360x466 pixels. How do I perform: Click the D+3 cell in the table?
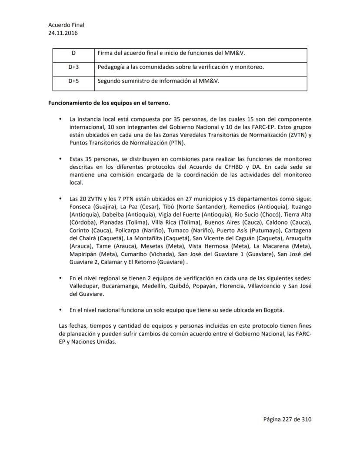[x=73, y=67]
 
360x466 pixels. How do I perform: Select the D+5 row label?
[x=73, y=80]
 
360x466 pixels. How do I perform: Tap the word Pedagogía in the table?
[x=111, y=67]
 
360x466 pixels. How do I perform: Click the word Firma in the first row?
[x=106, y=53]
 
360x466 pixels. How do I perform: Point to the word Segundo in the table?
[x=110, y=80]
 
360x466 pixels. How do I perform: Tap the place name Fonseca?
[x=80, y=206]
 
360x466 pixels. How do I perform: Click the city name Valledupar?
[x=85, y=286]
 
